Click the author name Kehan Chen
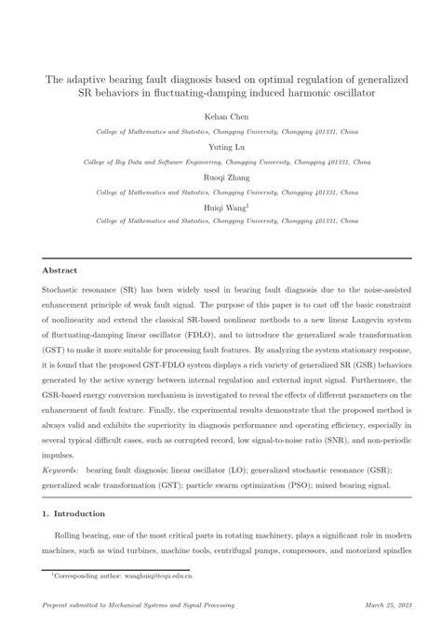[220, 118]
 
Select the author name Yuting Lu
[220, 148]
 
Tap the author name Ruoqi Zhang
[220, 179]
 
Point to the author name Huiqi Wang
[219, 208]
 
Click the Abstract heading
[60, 271]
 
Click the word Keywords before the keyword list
[60, 471]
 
